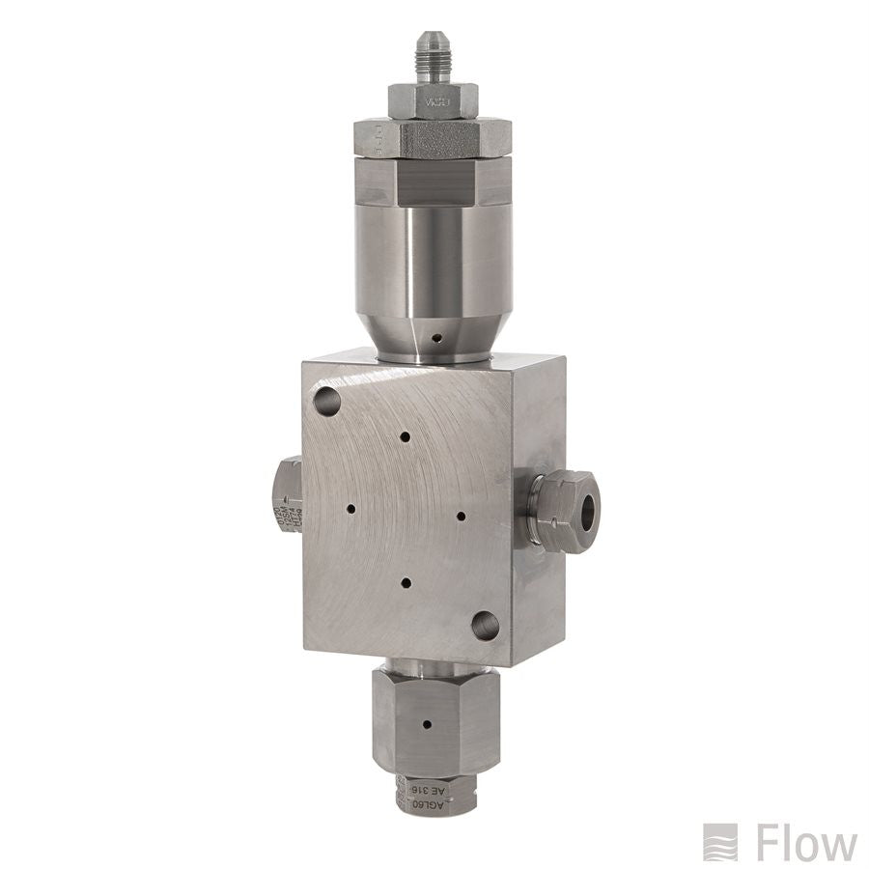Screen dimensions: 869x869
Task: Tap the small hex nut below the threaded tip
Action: coord(434,99)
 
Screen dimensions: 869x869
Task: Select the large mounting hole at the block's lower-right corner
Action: coord(486,628)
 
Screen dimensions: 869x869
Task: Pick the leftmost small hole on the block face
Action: coord(350,508)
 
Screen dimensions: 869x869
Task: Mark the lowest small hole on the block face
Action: coord(406,583)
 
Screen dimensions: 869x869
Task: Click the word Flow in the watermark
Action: coord(806,843)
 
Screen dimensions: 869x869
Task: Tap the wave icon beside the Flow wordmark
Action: coord(720,842)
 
